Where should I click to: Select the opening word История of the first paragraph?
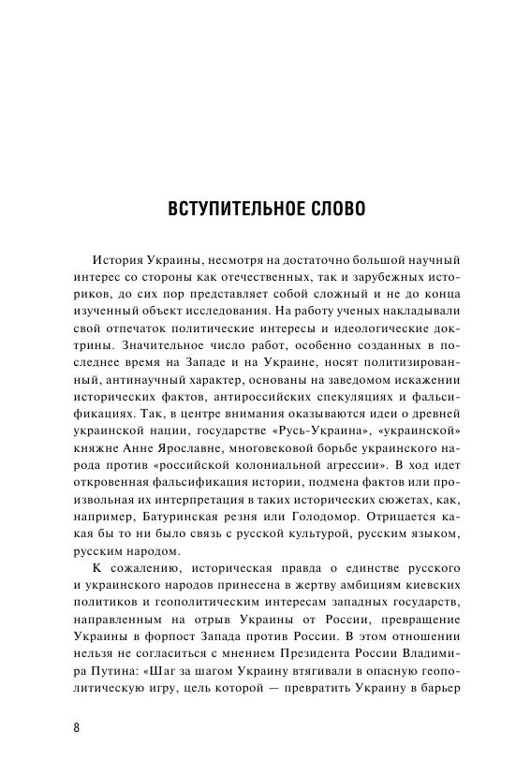click(x=119, y=257)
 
